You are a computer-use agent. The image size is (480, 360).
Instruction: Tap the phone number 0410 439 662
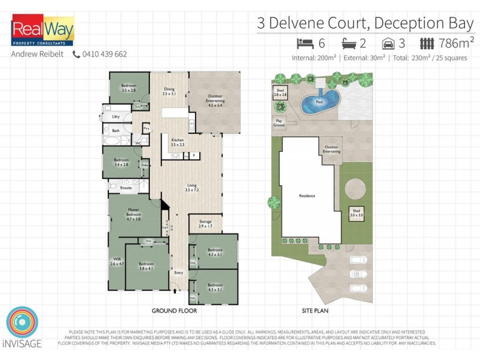click(x=104, y=54)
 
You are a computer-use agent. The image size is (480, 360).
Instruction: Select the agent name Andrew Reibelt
click(x=37, y=54)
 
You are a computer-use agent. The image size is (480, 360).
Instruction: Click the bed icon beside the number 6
click(x=305, y=43)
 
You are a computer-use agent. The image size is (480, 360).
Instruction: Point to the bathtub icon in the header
click(x=349, y=43)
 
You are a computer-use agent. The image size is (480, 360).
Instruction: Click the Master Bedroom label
click(x=133, y=214)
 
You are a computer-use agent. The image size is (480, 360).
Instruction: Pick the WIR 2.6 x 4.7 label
click(x=117, y=261)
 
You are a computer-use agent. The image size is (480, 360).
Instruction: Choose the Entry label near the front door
click(x=178, y=274)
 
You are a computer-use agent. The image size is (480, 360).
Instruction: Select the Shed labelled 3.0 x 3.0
click(x=356, y=212)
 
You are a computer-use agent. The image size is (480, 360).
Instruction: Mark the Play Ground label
click(x=278, y=122)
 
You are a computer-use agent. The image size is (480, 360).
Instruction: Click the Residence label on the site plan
click(x=307, y=196)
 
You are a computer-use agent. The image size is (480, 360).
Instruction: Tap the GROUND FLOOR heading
click(x=174, y=311)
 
